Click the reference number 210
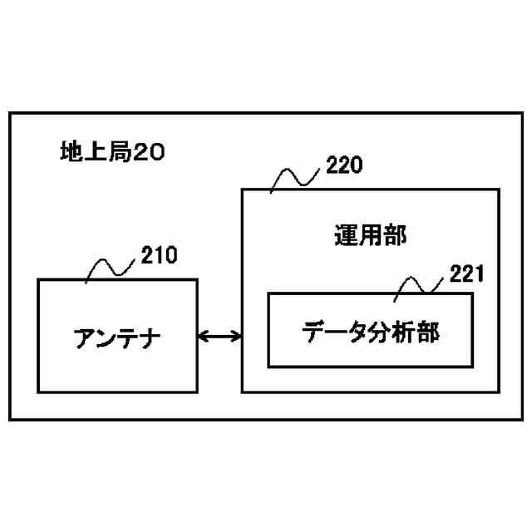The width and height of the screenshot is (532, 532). point(159,255)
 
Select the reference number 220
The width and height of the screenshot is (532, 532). point(344,166)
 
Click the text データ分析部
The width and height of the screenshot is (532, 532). point(371,332)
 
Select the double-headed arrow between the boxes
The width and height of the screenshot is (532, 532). point(219,336)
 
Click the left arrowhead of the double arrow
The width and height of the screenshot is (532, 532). point(203,336)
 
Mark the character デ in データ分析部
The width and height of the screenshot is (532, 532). point(314,332)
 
